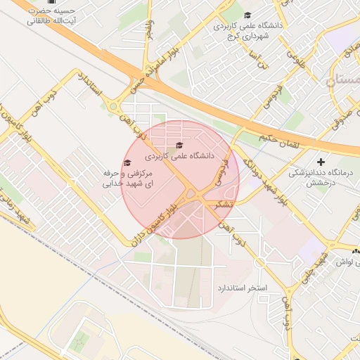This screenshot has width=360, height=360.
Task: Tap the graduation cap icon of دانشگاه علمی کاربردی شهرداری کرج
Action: coord(247,15)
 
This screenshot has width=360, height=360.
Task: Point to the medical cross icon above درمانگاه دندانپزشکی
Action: coord(321,162)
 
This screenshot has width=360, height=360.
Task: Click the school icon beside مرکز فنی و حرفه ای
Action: coord(127,163)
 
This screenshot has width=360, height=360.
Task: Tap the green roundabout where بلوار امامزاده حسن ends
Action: coord(112,107)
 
